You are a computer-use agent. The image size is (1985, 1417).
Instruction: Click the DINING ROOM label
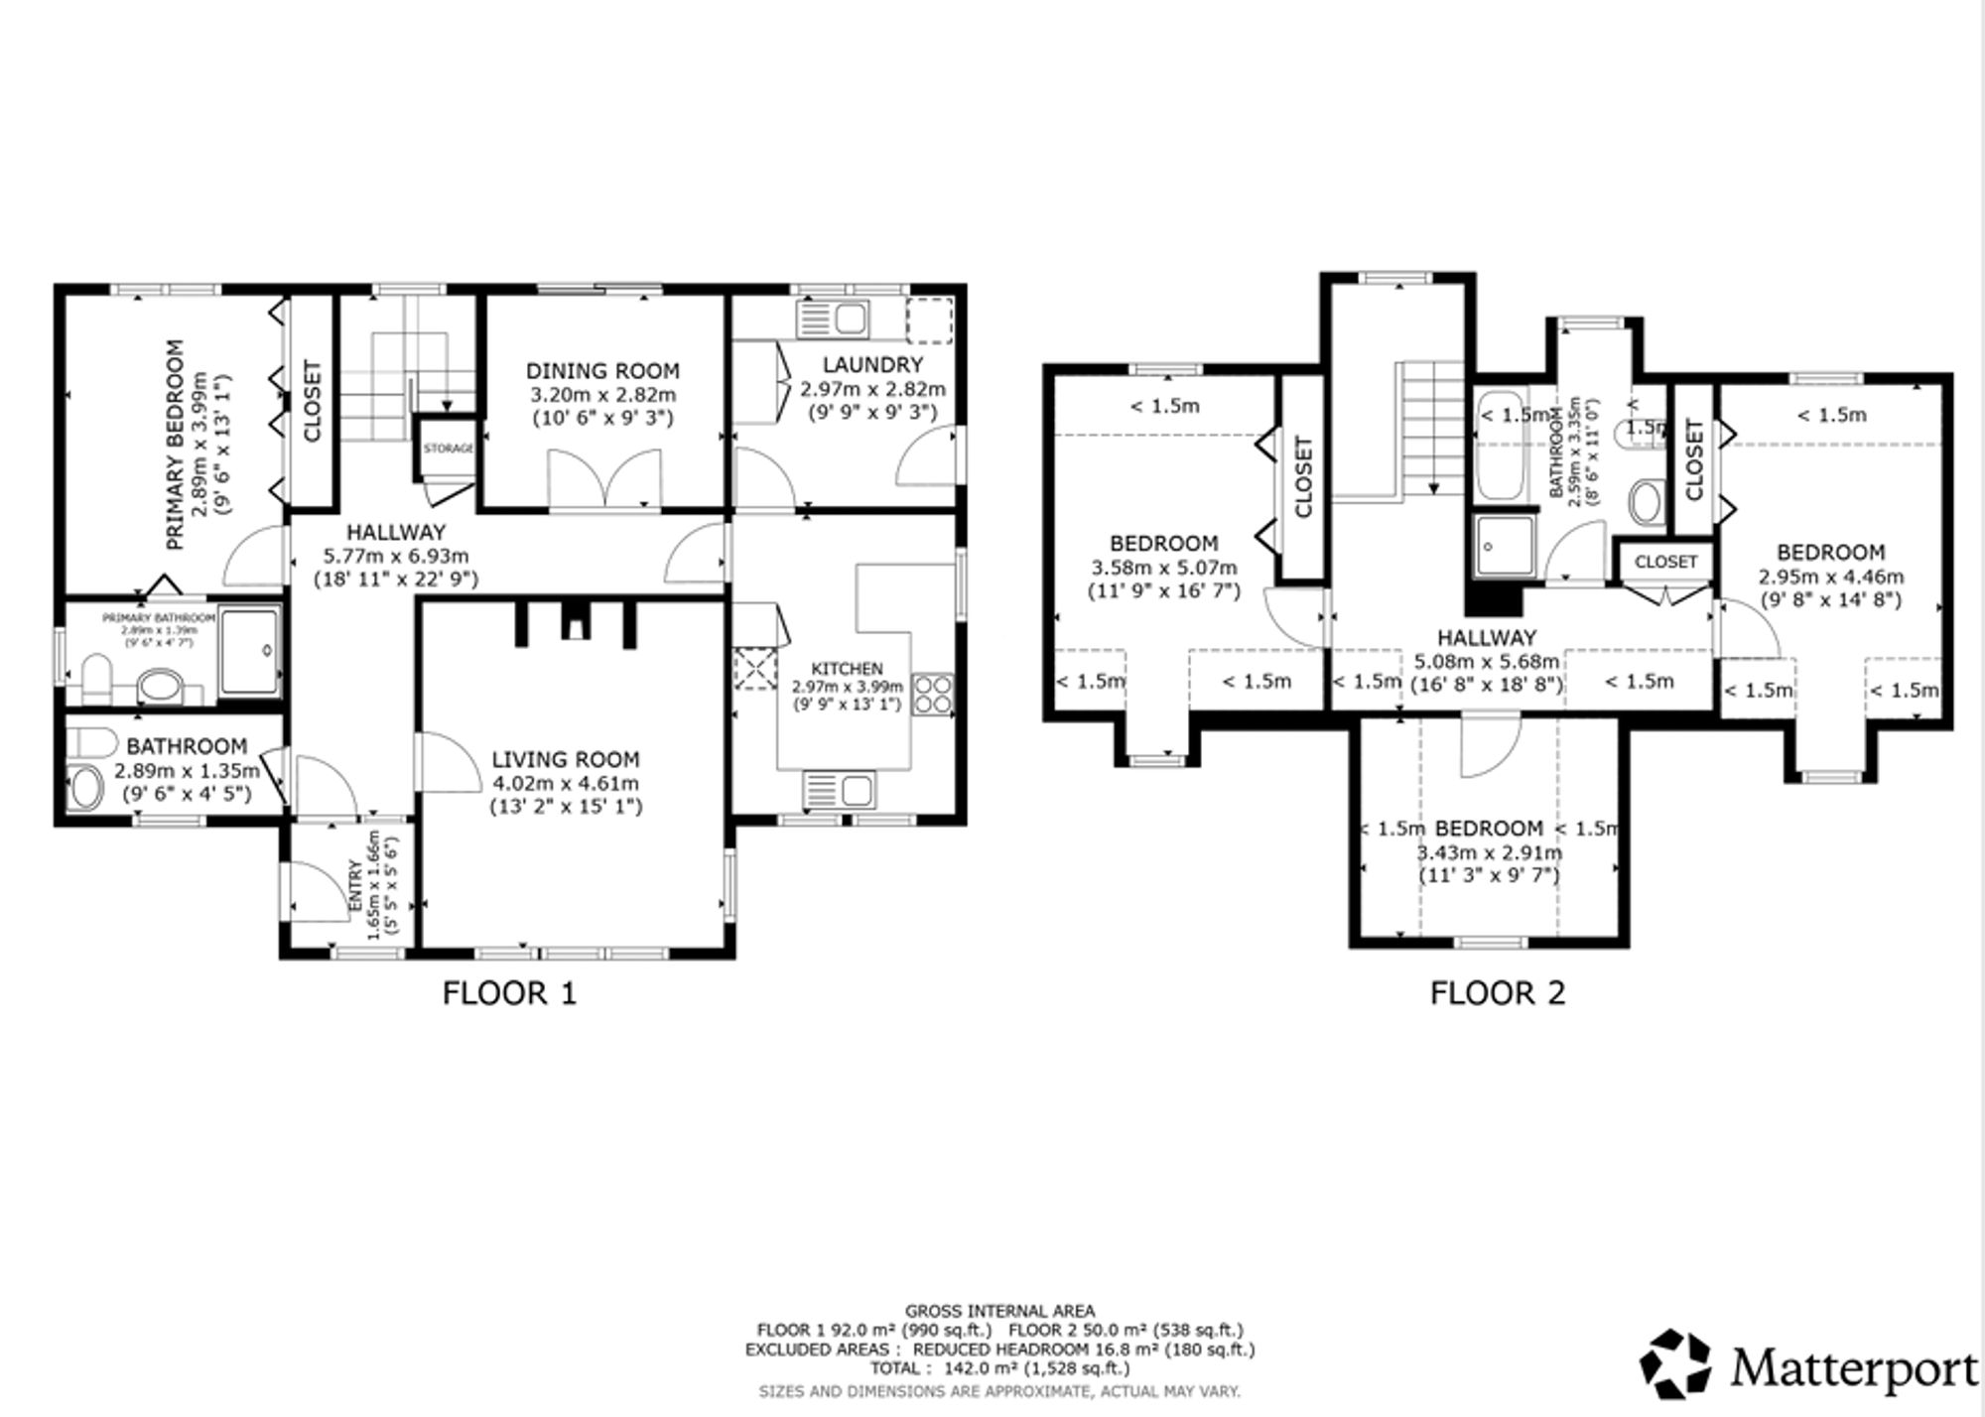click(602, 371)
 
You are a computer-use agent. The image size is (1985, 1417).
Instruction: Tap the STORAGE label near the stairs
click(449, 449)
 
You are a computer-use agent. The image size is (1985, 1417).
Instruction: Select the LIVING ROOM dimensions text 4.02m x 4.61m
click(565, 783)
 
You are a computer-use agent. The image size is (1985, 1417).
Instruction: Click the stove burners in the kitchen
click(932, 693)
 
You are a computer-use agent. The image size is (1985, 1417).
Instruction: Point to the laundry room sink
click(850, 320)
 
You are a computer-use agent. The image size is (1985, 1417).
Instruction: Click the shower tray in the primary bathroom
click(248, 651)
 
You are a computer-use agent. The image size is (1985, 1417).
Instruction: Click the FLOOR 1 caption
click(509, 993)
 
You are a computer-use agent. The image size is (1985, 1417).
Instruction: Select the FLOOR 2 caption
click(1497, 993)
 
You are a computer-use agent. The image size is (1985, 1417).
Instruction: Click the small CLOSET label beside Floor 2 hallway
click(1665, 562)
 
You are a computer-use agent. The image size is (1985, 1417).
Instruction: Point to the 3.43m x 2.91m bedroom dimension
click(1489, 852)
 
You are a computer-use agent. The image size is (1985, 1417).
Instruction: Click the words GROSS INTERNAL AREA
click(999, 1311)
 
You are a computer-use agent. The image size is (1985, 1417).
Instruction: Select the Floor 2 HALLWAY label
click(1487, 638)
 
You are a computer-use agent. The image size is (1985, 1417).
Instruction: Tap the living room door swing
click(449, 761)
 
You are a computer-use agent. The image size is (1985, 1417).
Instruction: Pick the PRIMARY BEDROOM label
click(175, 445)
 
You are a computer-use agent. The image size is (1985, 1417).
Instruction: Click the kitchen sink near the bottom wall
click(841, 791)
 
